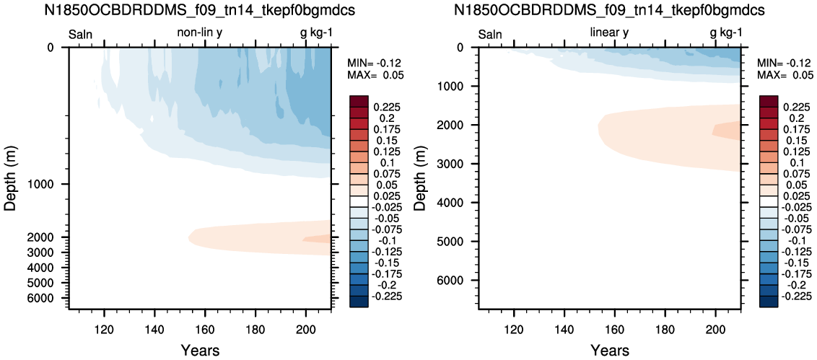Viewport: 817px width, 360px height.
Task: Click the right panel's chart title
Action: coord(610,12)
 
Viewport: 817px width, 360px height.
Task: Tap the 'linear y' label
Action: coord(610,33)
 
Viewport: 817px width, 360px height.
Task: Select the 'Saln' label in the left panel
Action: coord(81,35)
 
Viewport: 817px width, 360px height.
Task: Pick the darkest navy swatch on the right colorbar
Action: coord(769,302)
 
